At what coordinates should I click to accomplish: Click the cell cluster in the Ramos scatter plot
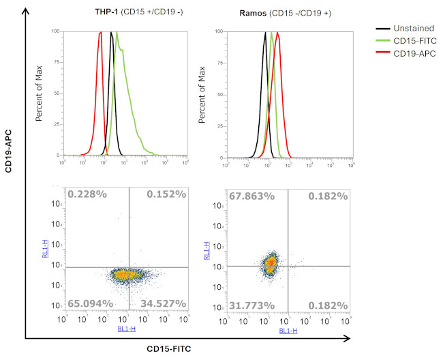pos(271,262)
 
